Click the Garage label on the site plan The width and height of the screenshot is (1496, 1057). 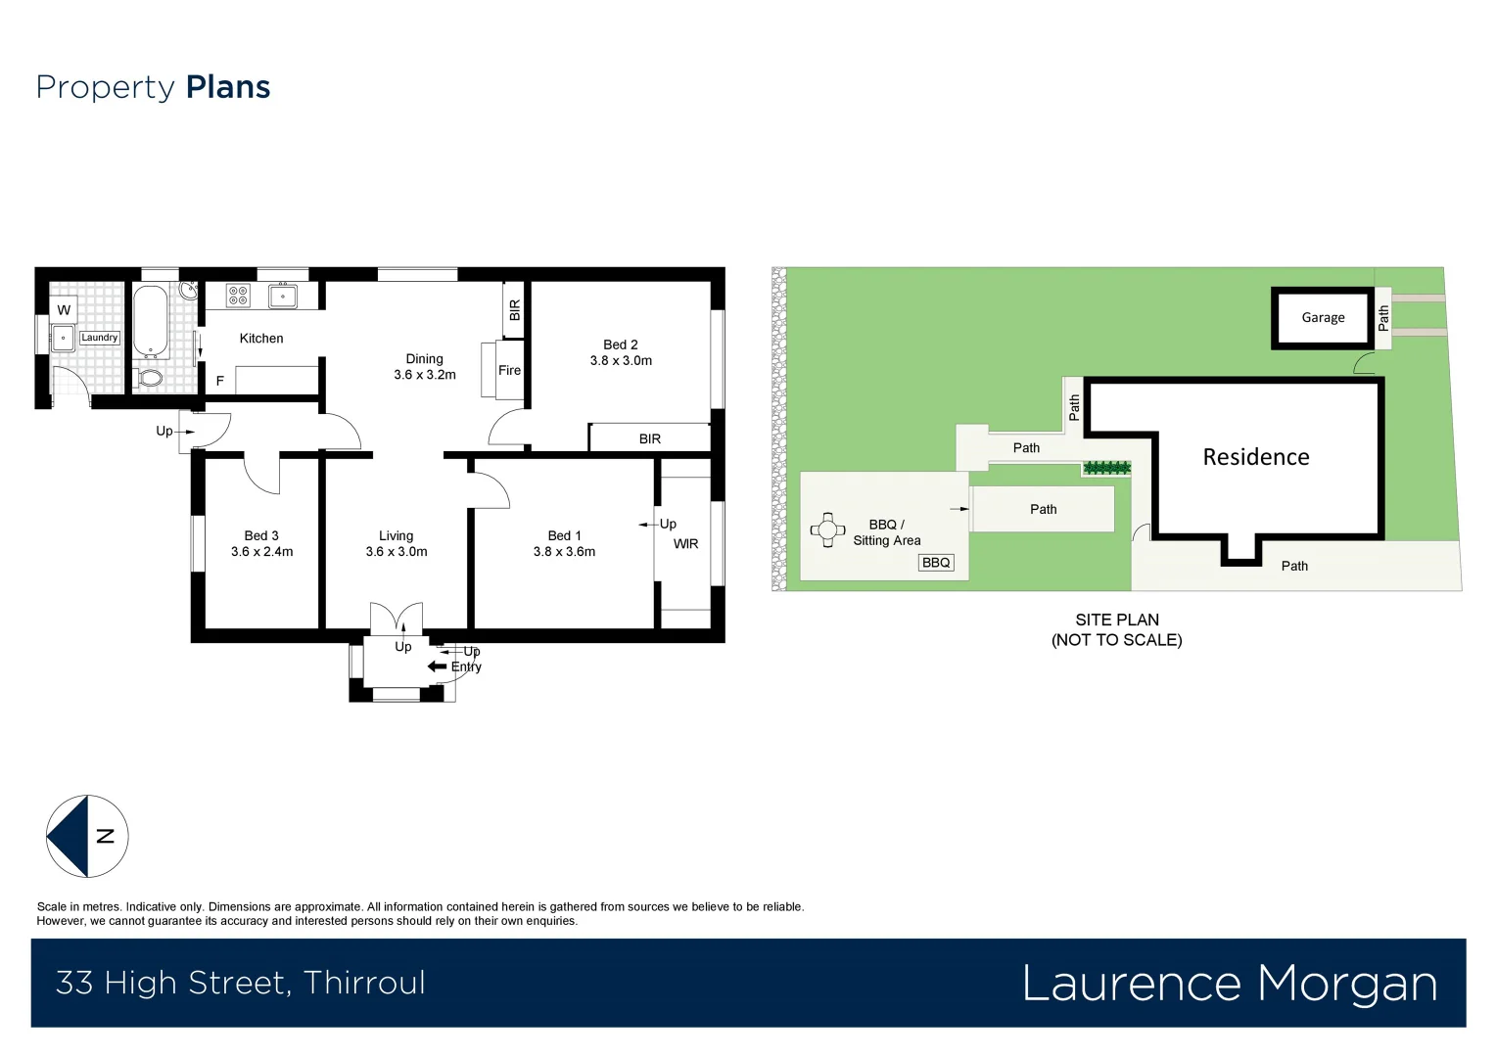tap(1323, 317)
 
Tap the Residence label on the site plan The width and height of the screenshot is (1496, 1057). tap(1255, 457)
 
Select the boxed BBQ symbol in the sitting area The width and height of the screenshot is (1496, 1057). tap(936, 563)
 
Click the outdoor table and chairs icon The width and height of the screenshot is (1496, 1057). tap(827, 530)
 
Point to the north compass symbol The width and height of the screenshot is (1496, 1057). tap(87, 836)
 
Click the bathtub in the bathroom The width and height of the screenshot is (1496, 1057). tap(151, 322)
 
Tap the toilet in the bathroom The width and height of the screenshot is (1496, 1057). tap(151, 377)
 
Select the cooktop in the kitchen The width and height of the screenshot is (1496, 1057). tap(238, 296)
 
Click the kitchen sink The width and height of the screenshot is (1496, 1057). tap(283, 296)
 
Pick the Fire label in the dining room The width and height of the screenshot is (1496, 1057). tap(509, 370)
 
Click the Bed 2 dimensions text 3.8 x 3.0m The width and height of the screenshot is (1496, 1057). tap(621, 360)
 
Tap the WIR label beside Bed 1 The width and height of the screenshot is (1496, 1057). tap(685, 544)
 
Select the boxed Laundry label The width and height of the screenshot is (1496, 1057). tap(99, 338)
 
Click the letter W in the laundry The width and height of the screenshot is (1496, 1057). tap(64, 310)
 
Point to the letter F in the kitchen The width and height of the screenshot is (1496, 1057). tap(220, 381)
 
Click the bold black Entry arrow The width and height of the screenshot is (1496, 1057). tap(438, 666)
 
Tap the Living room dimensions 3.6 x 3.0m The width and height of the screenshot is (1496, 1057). tap(397, 552)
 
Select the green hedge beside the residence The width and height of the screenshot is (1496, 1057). tap(1106, 468)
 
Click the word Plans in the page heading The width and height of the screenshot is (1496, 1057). tap(228, 87)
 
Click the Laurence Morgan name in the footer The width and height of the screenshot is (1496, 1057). tap(1229, 983)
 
